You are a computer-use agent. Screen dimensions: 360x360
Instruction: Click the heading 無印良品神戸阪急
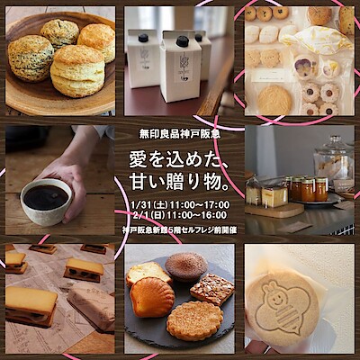click(180, 134)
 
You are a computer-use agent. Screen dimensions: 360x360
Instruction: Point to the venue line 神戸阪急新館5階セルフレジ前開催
click(180, 230)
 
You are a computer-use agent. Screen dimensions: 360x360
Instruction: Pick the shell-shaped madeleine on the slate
click(148, 297)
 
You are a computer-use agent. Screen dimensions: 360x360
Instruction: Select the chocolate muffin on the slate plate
click(186, 266)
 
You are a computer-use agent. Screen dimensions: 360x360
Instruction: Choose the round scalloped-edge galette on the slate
click(195, 320)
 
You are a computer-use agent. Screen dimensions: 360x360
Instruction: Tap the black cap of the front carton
click(182, 41)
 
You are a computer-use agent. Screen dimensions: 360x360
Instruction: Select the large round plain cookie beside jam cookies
click(274, 101)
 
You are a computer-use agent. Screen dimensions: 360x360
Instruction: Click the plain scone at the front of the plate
click(77, 71)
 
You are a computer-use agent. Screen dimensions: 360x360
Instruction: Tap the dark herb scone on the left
click(27, 58)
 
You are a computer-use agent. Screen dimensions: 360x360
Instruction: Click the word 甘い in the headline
click(142, 183)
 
